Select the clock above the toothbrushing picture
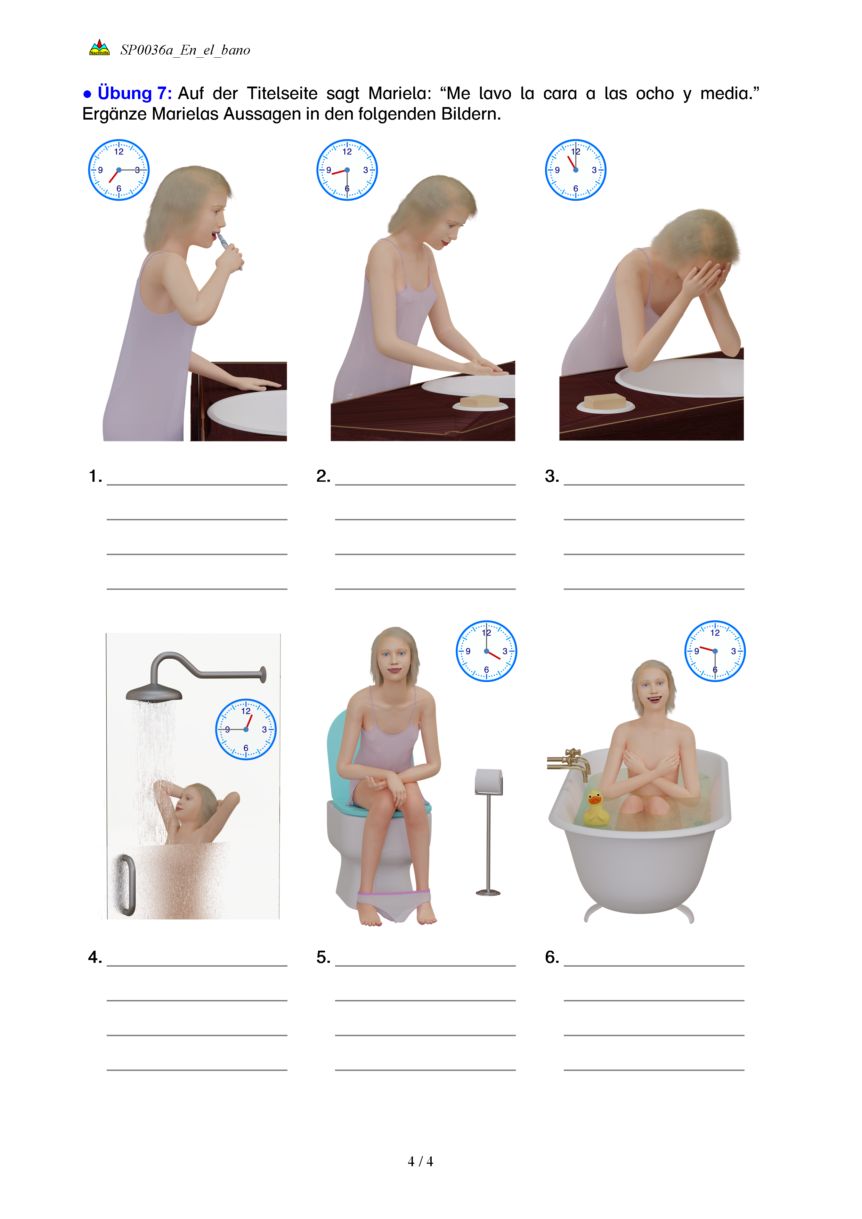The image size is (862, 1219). [119, 170]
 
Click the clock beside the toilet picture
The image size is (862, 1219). [486, 651]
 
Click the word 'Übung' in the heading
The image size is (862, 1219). [125, 94]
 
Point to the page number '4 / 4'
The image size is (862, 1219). [420, 1162]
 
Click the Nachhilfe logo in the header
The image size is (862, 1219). [99, 47]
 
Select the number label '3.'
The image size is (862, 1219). [552, 476]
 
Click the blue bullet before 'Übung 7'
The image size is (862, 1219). [87, 95]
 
